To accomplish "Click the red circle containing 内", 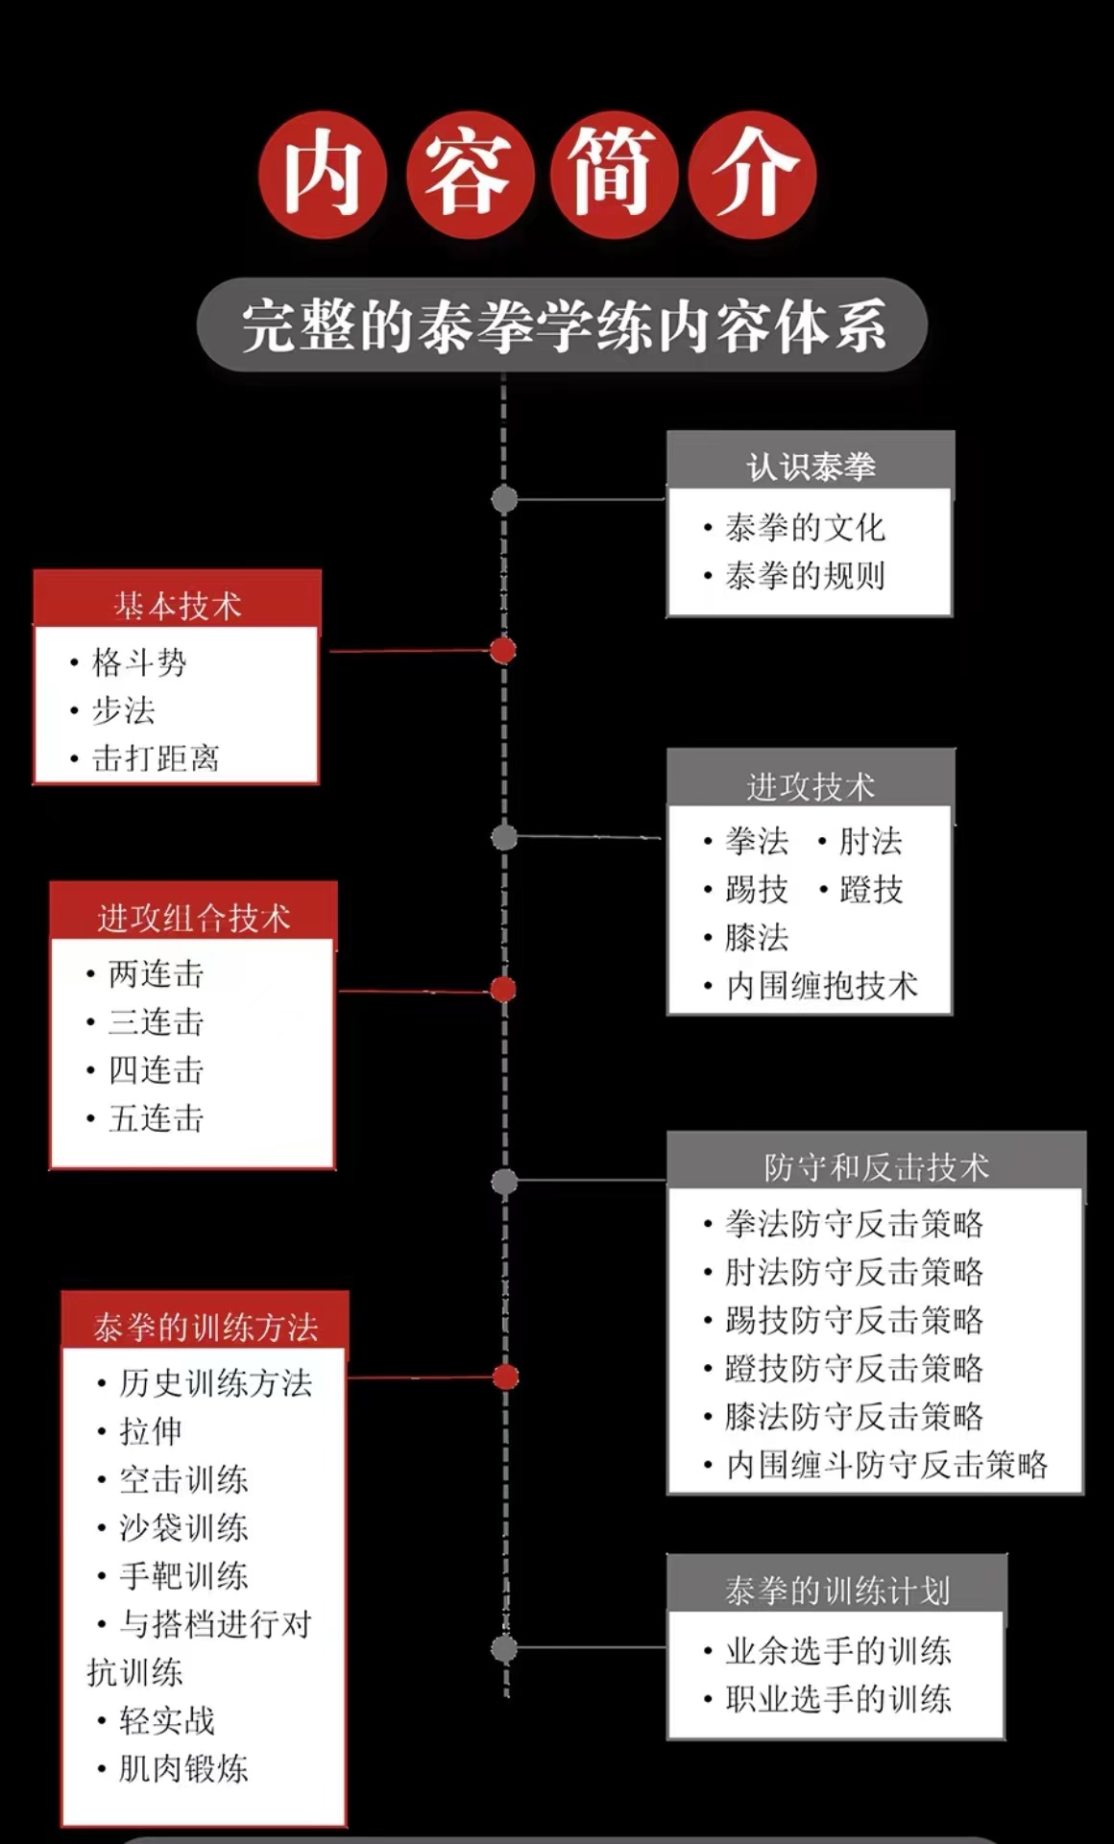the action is point(323,175).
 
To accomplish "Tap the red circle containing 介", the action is point(753,175).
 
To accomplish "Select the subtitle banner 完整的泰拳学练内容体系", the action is point(562,325).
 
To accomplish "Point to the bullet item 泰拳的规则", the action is point(805,576).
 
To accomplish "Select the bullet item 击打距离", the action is point(156,758).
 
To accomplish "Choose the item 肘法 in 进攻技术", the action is point(870,841).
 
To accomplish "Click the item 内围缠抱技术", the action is point(822,986).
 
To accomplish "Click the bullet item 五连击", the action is point(157,1118).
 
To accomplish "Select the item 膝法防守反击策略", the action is point(854,1417).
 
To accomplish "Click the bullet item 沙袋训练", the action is point(183,1527).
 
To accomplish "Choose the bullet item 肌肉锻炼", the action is point(183,1768).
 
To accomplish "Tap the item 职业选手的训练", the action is point(837,1699).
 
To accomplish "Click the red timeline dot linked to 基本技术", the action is point(503,651).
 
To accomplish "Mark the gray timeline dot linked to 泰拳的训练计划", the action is point(504,1649).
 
